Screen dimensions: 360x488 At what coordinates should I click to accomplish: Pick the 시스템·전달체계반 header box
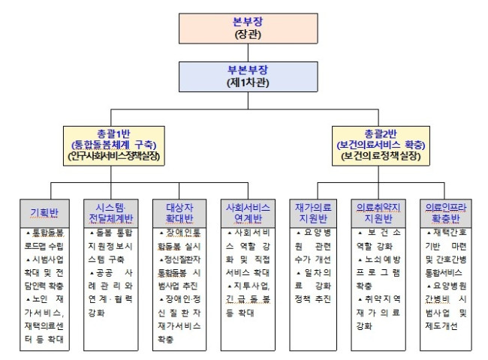(x=113, y=211)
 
